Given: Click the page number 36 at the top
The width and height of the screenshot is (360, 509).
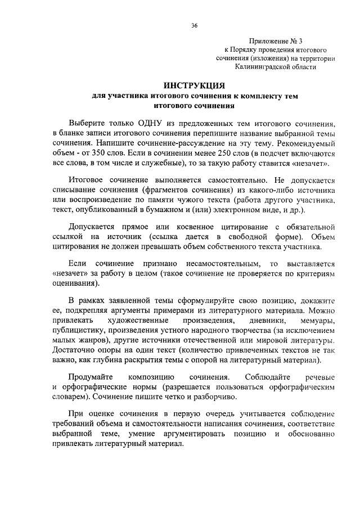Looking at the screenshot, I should (194, 26).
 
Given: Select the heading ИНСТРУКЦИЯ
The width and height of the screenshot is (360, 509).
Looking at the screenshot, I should (194, 85).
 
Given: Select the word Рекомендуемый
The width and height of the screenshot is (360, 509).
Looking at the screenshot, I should (307, 143).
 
